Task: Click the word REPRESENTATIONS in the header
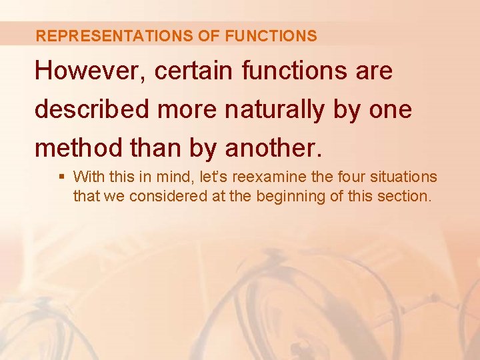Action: click(115, 36)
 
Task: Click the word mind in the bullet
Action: click(174, 177)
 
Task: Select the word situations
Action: click(404, 177)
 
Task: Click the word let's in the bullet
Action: click(213, 177)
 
